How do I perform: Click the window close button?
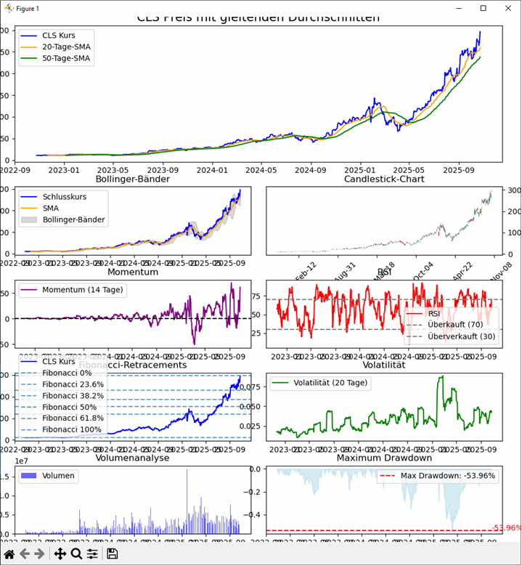507,8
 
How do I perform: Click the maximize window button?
483,8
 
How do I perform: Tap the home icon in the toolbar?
9,554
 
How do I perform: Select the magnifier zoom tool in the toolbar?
76,554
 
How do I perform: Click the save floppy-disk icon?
112,554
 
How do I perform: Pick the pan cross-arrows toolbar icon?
60,554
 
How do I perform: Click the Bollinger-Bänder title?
132,179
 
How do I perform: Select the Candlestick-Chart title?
384,179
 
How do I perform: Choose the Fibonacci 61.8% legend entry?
72,418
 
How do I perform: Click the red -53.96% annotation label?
506,527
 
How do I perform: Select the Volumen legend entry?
54,476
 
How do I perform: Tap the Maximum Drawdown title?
384,458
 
